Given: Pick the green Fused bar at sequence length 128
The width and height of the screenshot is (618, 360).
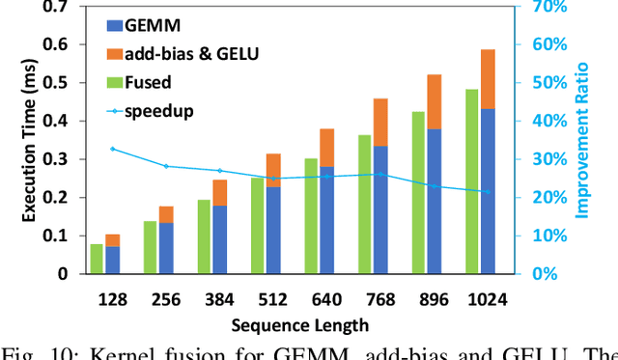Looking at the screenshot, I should click(x=97, y=259).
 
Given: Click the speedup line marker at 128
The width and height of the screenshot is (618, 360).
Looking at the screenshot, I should click(x=112, y=149).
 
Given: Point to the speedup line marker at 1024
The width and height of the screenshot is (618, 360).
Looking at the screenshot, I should click(x=488, y=192).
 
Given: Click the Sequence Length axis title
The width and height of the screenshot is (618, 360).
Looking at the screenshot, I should click(x=300, y=325).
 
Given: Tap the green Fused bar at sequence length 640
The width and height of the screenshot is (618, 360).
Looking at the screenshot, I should click(x=312, y=215).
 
